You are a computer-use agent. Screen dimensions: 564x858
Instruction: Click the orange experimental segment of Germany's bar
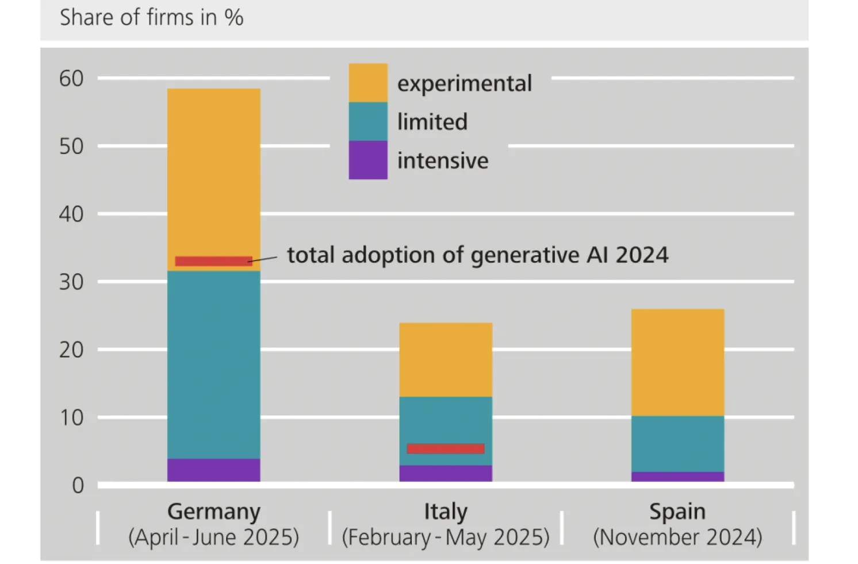(x=213, y=172)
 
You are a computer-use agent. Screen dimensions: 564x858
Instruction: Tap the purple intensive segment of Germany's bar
(x=213, y=470)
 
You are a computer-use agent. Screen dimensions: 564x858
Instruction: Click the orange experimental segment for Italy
(x=446, y=359)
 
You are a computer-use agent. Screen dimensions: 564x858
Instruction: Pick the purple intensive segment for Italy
(x=446, y=473)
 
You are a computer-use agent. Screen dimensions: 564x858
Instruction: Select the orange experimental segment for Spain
(x=677, y=362)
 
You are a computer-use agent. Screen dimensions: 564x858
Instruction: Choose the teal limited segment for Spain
(x=677, y=443)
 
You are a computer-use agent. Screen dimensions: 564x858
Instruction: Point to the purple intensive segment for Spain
(x=677, y=477)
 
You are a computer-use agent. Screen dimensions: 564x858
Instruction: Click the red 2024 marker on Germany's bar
(x=213, y=261)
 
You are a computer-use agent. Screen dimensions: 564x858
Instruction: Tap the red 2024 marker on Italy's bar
(x=446, y=448)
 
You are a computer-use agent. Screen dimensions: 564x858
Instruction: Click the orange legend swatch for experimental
(x=368, y=83)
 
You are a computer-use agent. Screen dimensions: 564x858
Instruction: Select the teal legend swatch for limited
(x=368, y=121)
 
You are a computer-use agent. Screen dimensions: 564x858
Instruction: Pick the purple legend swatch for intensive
(x=368, y=160)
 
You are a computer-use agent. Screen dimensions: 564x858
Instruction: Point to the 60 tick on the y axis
(x=71, y=78)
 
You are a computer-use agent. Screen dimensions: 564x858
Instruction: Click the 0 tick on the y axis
(x=78, y=486)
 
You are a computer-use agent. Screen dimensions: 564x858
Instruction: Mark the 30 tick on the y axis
(x=71, y=282)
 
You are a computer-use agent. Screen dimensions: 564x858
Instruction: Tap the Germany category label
(x=214, y=511)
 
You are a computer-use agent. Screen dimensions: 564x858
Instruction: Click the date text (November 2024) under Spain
(x=677, y=537)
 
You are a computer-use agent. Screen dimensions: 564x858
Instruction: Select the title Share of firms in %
(x=152, y=18)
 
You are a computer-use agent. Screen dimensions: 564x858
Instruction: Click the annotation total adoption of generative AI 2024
(x=477, y=255)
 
